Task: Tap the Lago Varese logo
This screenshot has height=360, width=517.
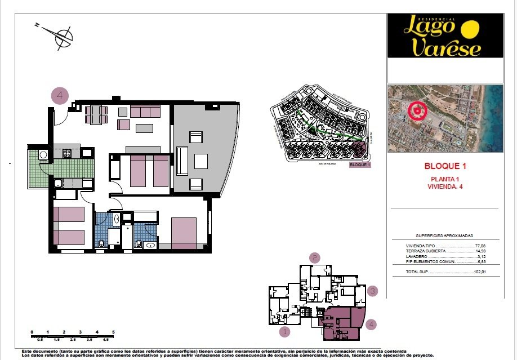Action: tap(444, 37)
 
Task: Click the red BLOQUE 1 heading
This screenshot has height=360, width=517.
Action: tap(445, 166)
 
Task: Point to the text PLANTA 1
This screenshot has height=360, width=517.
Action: tap(444, 179)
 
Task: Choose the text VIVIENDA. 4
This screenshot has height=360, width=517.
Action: tap(444, 186)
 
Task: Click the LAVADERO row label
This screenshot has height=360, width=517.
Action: tap(417, 256)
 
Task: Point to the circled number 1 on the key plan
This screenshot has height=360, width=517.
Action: tap(285, 331)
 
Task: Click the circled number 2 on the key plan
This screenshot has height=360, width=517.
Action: tap(315, 258)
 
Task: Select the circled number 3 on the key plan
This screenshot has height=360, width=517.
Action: tap(372, 291)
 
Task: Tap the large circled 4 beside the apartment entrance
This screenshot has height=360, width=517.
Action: tap(60, 96)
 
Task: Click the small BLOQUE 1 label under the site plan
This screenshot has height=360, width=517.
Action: tap(360, 165)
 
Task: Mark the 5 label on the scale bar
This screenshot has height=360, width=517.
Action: tap(113, 332)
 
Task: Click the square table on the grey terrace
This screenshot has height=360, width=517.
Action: tap(201, 161)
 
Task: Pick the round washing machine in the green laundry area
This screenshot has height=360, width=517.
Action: tap(43, 154)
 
